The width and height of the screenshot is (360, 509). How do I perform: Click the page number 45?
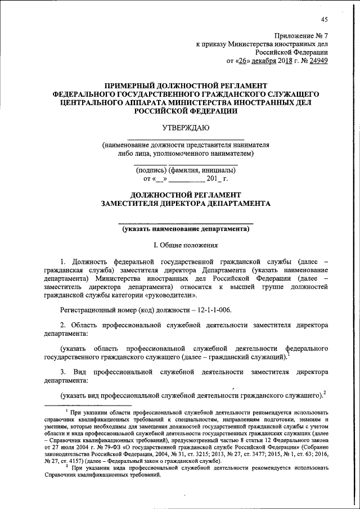325,21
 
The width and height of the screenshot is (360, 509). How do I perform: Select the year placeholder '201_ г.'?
217,179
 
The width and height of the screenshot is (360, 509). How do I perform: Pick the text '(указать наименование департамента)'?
186,229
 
